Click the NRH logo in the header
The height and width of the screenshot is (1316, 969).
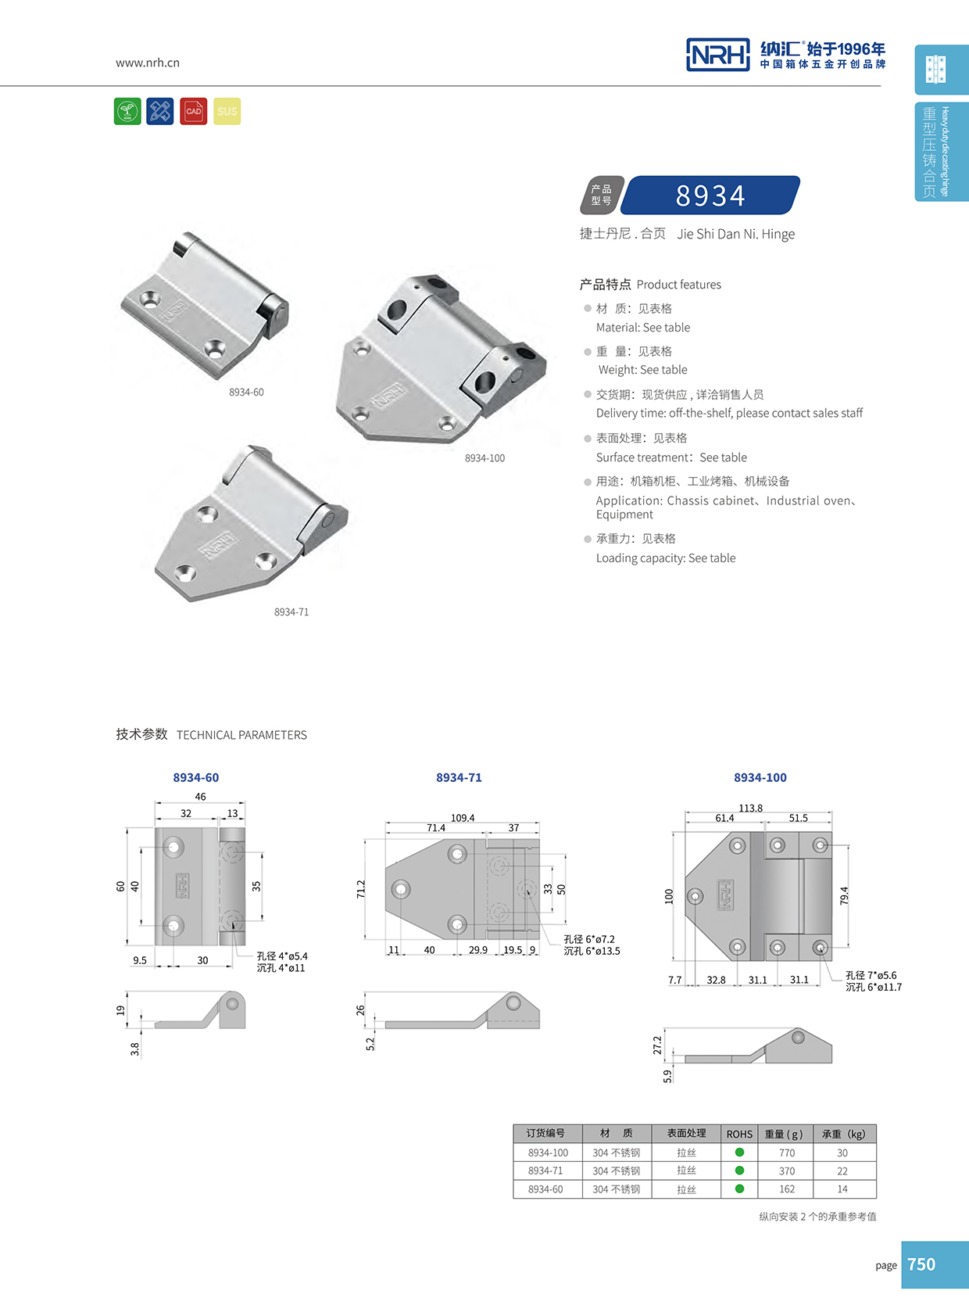click(717, 55)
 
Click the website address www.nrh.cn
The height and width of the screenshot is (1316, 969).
click(147, 63)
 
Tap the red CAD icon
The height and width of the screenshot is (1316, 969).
click(193, 111)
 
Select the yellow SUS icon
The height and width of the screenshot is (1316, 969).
click(227, 111)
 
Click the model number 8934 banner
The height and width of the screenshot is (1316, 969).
click(710, 195)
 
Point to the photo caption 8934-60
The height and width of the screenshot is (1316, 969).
click(246, 393)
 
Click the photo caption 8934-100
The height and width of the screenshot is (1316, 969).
click(484, 458)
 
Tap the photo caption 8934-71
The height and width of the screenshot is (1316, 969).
click(291, 612)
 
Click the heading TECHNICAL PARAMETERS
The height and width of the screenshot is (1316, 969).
click(241, 735)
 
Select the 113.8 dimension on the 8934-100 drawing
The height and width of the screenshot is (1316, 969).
click(750, 808)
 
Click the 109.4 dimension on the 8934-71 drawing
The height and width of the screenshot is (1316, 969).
click(463, 818)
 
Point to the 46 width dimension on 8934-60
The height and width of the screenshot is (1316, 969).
click(200, 797)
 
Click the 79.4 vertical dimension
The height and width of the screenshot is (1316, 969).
click(844, 896)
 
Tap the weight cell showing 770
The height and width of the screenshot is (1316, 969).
click(787, 1153)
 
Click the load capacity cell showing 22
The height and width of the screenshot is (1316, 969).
click(842, 1171)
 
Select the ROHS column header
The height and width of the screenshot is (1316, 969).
click(739, 1134)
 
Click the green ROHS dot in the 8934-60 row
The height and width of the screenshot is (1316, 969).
click(739, 1189)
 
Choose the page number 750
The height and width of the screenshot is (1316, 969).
click(921, 1264)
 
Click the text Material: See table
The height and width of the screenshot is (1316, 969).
click(643, 328)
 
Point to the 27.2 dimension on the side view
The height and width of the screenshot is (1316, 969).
click(657, 1045)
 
